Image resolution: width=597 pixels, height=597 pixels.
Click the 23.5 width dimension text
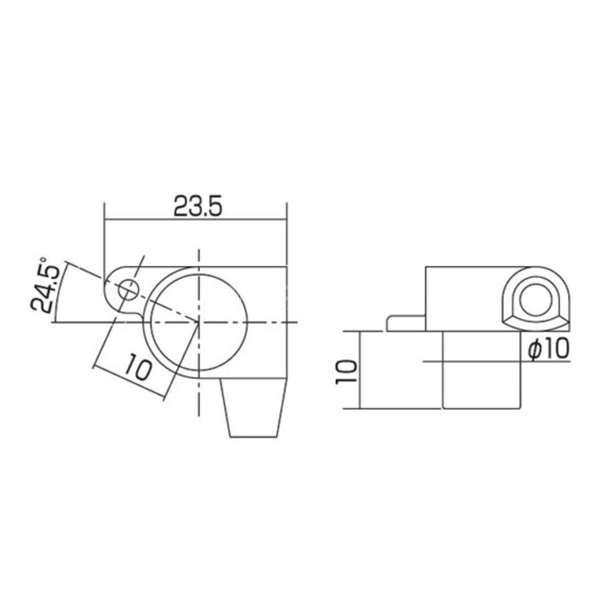click(x=197, y=206)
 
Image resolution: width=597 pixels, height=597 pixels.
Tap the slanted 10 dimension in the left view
click(x=137, y=366)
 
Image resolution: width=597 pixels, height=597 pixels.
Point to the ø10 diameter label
click(x=548, y=348)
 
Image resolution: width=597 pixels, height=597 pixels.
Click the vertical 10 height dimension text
click(x=347, y=372)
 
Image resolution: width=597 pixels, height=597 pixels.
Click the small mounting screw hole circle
click(x=128, y=290)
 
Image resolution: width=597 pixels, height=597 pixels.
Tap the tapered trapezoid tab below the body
click(x=254, y=408)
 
